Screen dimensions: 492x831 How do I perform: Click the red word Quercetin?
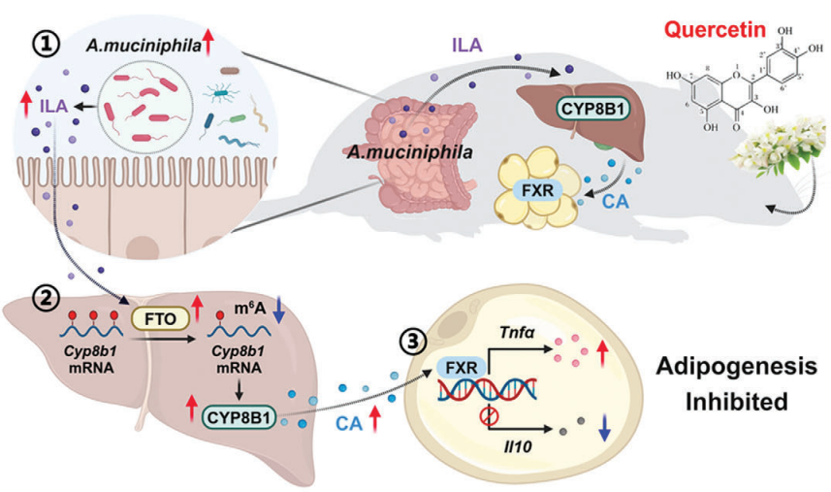[717, 31]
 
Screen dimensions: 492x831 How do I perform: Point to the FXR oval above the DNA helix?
[455, 368]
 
